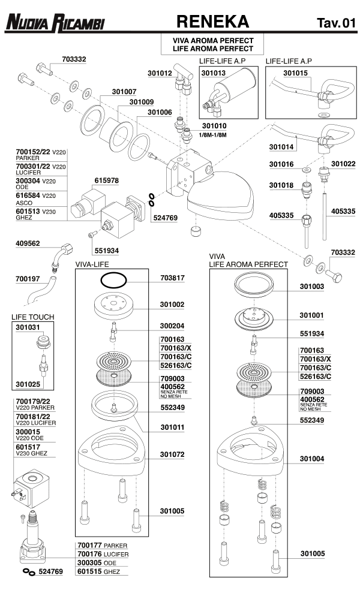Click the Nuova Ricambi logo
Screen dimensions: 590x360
pos(55,23)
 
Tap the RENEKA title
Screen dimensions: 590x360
pos(213,22)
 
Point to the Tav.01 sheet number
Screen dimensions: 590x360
pos(336,23)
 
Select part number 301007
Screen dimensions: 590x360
pos(124,92)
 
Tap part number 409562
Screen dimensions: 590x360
pos(28,243)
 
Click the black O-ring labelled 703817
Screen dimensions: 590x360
pos(113,279)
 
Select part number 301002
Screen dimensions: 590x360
pos(172,304)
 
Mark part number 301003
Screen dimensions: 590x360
pos(312,287)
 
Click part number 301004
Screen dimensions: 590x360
pos(312,459)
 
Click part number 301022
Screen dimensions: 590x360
pos(343,164)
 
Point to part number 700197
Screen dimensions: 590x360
pos(28,279)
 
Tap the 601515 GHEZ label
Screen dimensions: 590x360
pos(103,572)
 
